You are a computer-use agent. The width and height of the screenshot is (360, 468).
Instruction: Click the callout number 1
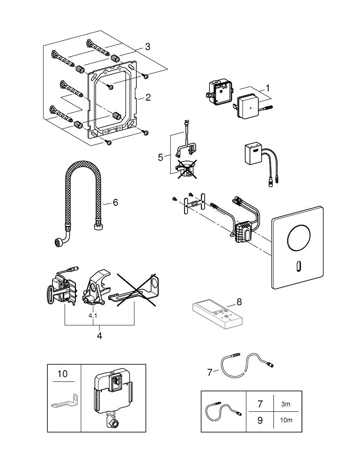268,88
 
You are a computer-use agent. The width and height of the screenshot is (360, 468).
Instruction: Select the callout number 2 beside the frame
148,97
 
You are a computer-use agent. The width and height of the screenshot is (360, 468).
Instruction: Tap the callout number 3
147,46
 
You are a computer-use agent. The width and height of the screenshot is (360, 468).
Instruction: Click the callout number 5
161,157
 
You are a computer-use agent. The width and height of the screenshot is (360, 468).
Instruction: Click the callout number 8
239,302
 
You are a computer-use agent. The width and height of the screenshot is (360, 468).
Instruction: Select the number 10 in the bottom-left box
62,374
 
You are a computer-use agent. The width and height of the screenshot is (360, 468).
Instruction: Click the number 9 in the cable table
260,420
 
